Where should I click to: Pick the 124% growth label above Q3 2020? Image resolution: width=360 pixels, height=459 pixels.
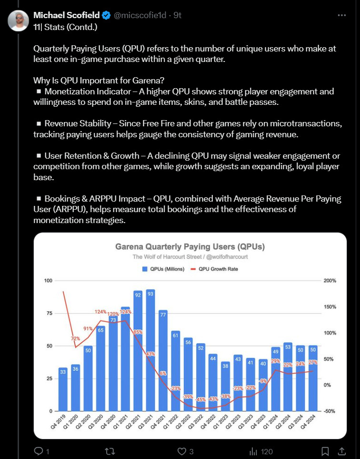100,312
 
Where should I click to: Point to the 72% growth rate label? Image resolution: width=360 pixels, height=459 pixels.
75,338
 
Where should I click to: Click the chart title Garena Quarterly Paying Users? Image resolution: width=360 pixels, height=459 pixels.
190,247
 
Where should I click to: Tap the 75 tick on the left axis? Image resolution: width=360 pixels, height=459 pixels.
48,313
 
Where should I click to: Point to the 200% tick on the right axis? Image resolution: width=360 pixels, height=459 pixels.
330,281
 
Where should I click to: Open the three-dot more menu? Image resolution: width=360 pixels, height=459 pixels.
341,15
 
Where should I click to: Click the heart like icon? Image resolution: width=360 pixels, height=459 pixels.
181,450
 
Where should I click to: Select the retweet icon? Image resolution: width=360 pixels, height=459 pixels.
109,450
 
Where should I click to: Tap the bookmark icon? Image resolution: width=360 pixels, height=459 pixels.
325,450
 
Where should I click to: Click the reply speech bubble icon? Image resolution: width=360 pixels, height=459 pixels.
39,450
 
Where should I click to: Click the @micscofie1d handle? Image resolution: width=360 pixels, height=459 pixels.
140,15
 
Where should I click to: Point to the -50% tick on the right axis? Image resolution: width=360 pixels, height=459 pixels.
330,411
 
